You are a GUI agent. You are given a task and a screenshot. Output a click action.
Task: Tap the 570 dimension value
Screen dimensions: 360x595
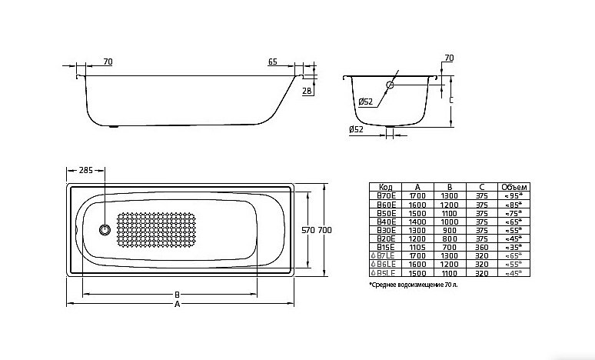[x=307, y=230]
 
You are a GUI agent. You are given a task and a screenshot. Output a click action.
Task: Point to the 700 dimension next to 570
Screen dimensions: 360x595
[x=324, y=230]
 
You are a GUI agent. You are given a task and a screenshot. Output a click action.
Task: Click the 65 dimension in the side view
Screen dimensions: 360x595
[x=273, y=62]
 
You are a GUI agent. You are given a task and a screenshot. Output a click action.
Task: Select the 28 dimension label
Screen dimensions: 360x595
[x=306, y=91]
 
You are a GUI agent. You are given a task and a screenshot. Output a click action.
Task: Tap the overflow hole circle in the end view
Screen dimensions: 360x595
[x=391, y=85]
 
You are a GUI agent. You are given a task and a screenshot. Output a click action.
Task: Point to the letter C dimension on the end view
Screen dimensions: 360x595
[x=451, y=100]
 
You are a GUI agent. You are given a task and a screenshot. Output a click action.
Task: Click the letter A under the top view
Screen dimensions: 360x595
[x=177, y=305]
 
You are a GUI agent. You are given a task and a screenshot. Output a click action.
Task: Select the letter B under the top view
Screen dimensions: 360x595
[x=177, y=294]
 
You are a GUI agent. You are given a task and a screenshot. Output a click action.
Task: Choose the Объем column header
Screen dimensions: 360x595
[x=514, y=187]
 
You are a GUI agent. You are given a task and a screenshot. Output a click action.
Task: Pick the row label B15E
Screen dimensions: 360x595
[x=386, y=246]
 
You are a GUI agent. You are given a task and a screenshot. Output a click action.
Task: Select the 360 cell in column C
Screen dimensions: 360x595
[x=480, y=246]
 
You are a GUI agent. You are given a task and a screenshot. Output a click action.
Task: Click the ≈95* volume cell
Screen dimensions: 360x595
[x=514, y=195]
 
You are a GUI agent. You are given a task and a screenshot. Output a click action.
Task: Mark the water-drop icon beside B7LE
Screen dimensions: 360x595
[x=373, y=255]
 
